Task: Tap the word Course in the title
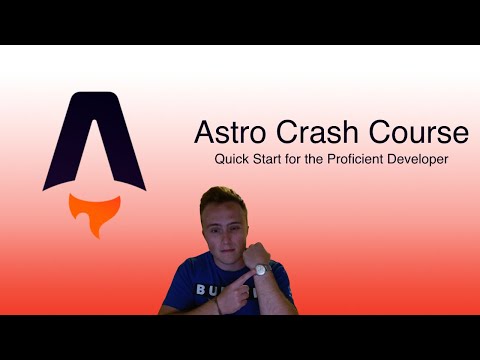(x=419, y=133)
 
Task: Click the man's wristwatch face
(x=262, y=268)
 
